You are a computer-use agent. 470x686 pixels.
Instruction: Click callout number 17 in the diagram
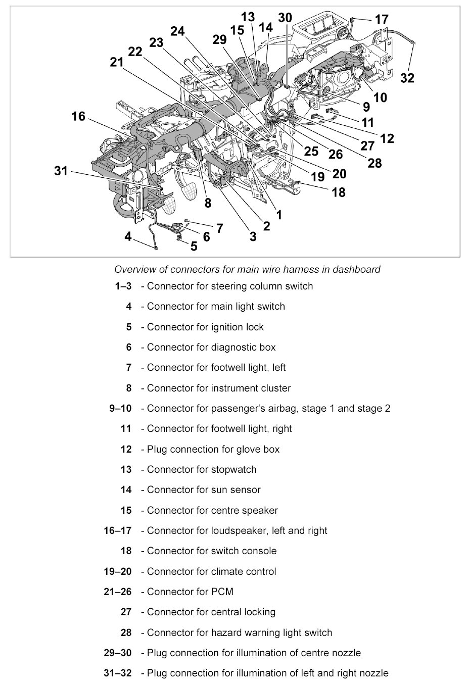pos(381,20)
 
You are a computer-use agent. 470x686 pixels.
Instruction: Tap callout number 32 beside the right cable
pos(407,78)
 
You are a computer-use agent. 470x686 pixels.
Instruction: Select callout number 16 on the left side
pos(78,117)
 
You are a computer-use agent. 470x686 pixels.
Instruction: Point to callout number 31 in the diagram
pos(61,171)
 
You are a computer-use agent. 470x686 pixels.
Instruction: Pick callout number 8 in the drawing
pos(208,203)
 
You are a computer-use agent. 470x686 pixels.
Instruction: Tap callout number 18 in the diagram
pos(339,192)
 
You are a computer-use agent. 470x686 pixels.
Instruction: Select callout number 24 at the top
pos(177,31)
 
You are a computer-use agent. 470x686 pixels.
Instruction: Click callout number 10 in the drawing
pos(380,97)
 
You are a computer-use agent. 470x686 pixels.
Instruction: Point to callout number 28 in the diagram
pos(374,163)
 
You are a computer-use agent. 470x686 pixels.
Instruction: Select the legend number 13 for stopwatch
pos(126,469)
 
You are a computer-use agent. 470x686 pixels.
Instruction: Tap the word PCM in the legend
pos(223,592)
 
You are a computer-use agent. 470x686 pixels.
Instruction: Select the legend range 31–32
pos(117,673)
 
